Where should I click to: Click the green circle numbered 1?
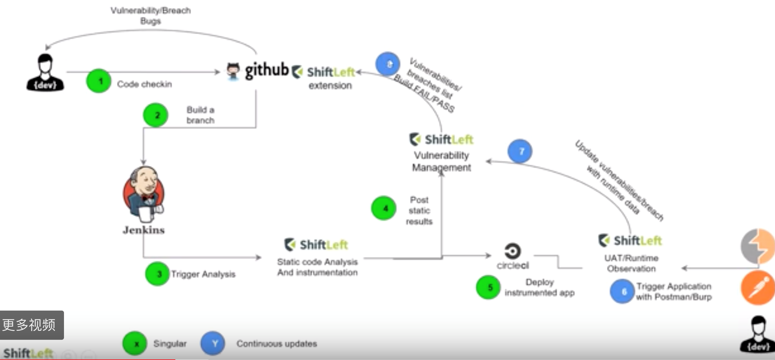point(99,81)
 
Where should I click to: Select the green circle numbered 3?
point(157,274)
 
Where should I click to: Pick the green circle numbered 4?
point(384,208)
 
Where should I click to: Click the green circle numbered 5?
point(488,287)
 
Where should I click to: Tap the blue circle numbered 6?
point(622,291)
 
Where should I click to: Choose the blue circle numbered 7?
point(520,151)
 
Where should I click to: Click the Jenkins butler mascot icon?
point(143,194)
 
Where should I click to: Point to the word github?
point(267,71)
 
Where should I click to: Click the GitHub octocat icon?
point(233,71)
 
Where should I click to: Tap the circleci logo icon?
point(513,251)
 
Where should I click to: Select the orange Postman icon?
point(758,288)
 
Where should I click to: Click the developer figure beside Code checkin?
point(45,72)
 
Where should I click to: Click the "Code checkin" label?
point(145,84)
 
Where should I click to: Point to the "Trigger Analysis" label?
point(203,274)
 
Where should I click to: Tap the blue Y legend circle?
point(213,343)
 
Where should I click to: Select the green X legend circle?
point(135,343)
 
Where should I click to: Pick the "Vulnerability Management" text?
point(441,161)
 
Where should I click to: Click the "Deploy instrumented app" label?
point(539,288)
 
